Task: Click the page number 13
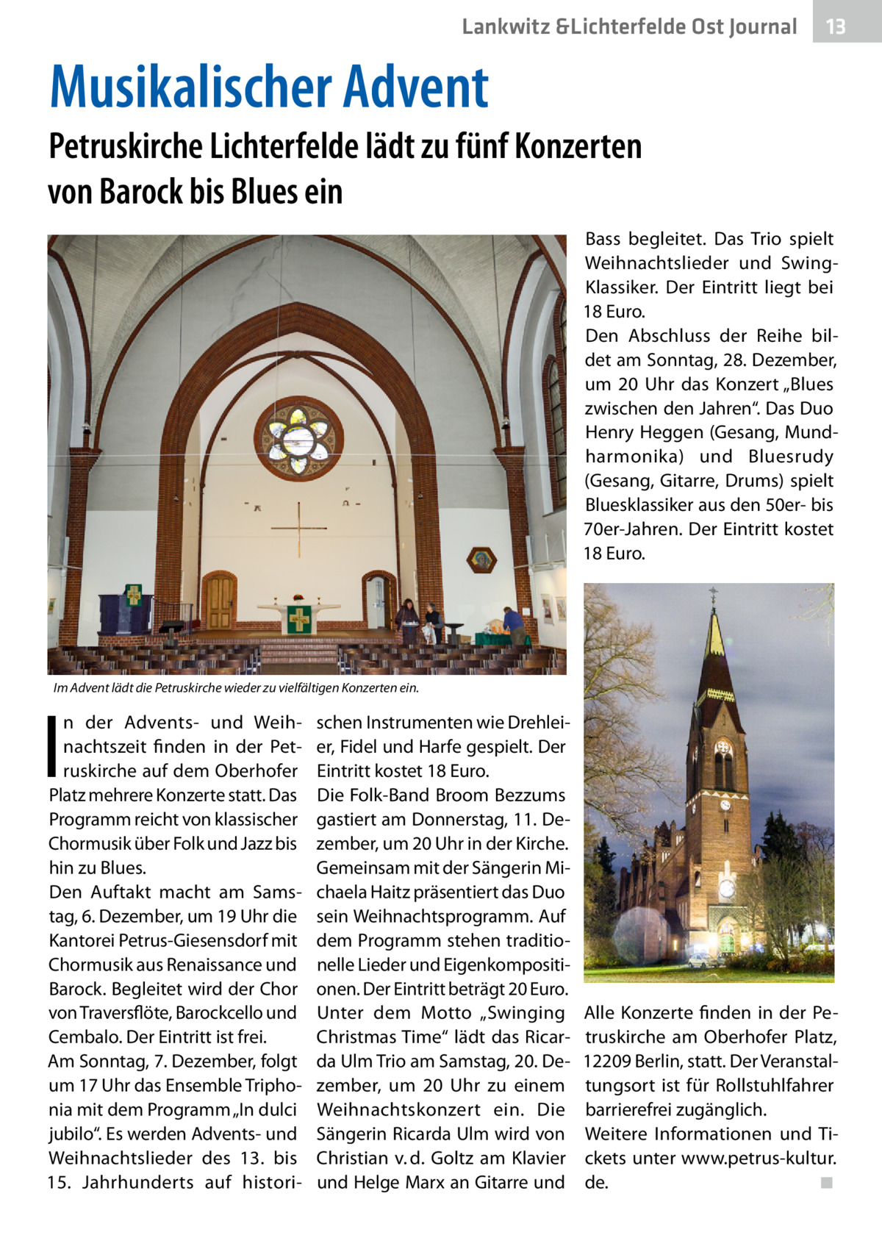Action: (x=836, y=27)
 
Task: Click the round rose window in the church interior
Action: (x=298, y=437)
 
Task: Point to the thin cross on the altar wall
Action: (x=299, y=528)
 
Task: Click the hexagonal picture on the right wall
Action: (x=482, y=560)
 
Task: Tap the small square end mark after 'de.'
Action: (x=827, y=1183)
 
